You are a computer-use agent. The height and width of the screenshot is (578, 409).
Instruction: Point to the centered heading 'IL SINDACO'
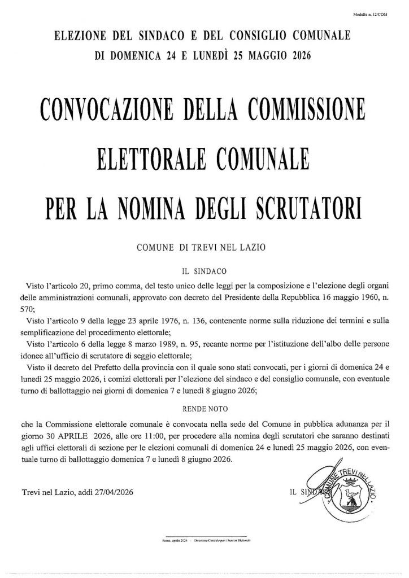[204, 271]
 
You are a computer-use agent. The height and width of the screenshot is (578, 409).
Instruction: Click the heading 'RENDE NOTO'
[204, 406]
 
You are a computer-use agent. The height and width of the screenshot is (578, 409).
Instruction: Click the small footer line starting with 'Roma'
[204, 541]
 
